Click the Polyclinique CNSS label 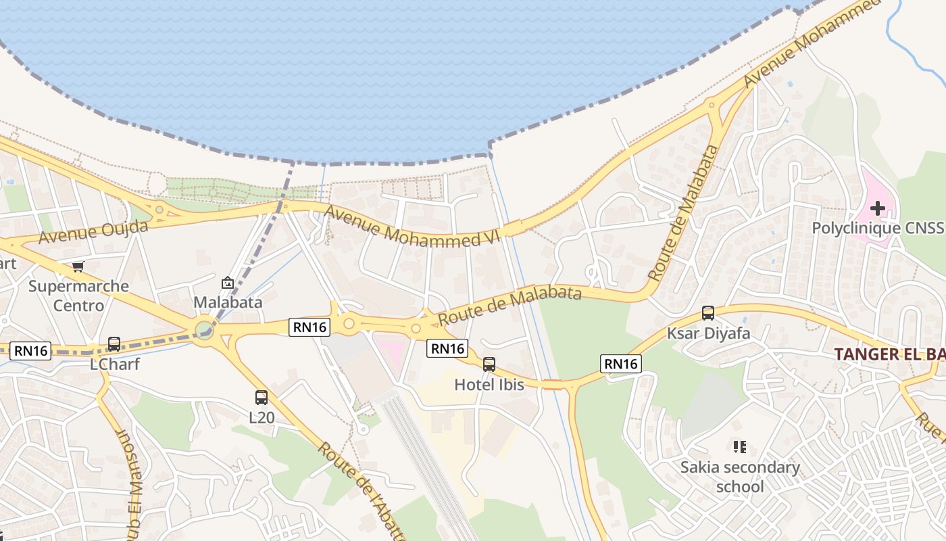(x=876, y=228)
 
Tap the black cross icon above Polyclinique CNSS (x=877, y=208)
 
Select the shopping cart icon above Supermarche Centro (x=78, y=267)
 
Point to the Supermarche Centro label (x=78, y=296)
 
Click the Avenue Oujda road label (x=93, y=231)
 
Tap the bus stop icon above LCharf (x=114, y=344)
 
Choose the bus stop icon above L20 (x=262, y=398)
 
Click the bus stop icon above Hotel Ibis (x=489, y=364)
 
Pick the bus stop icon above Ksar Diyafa (x=708, y=313)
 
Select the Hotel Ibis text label (x=489, y=385)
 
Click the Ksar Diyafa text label (x=708, y=333)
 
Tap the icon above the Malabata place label (x=228, y=283)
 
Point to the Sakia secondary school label (x=739, y=477)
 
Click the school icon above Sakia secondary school (x=739, y=446)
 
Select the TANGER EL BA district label (x=889, y=354)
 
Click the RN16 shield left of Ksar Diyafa (x=620, y=364)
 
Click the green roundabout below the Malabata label (x=203, y=331)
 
